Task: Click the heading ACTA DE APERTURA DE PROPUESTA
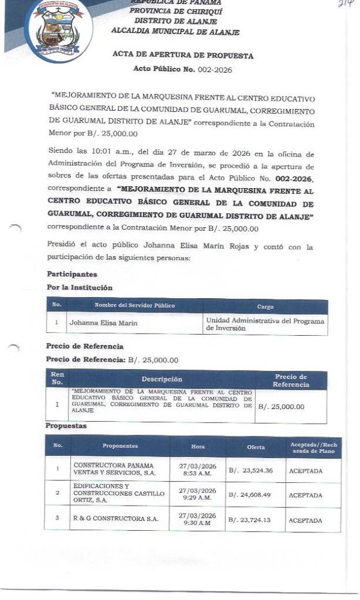coord(183,56)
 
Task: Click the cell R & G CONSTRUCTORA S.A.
coord(116,520)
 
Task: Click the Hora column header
coord(198,446)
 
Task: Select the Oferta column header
coord(256,447)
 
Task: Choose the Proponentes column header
coord(120,446)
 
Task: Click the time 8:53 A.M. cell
coord(198,470)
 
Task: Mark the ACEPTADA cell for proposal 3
coord(305,520)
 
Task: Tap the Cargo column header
coord(265,306)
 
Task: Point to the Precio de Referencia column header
coord(290,380)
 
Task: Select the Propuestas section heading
coord(66,426)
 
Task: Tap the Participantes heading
coord(72,274)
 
